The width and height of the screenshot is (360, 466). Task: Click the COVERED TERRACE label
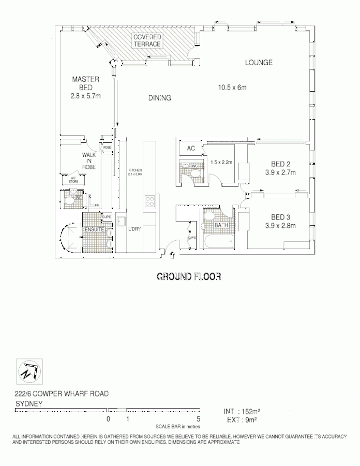click(147, 41)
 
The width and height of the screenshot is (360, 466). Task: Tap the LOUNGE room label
click(259, 63)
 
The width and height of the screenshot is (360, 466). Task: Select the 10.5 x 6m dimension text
click(232, 88)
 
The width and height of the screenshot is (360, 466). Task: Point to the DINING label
click(159, 98)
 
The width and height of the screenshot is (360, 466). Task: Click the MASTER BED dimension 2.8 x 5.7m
click(85, 96)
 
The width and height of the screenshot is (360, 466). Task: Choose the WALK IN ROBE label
click(89, 161)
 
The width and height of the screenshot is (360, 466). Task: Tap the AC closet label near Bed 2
click(191, 149)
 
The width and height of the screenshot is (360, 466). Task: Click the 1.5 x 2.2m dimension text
click(222, 162)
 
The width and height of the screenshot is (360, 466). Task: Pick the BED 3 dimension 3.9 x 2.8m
click(279, 226)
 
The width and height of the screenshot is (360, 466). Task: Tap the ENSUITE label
click(94, 228)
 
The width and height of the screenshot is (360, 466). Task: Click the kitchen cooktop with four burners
click(149, 200)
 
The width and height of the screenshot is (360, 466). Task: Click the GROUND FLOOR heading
click(189, 277)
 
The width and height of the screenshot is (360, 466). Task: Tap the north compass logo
click(28, 369)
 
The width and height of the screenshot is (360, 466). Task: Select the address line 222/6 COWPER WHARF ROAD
click(61, 394)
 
